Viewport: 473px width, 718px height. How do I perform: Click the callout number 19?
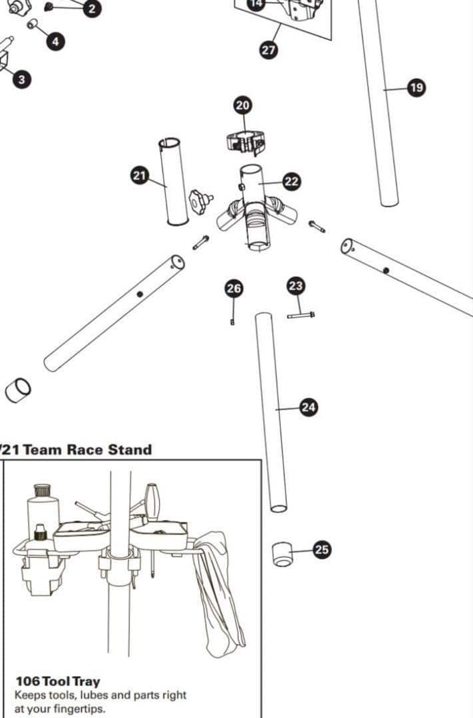coord(416,88)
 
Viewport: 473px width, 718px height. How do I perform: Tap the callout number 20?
coord(243,105)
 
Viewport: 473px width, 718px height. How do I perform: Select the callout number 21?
coord(139,176)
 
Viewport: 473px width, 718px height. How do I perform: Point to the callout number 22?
coord(291,181)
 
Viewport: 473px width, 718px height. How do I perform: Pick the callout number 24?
coord(309,408)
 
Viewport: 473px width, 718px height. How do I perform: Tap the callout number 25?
coord(322,549)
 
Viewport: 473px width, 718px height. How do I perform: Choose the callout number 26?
coord(234,288)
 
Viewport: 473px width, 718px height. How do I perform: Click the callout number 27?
coord(269,51)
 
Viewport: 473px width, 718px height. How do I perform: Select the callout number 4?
coord(55,41)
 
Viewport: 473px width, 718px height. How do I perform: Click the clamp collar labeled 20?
coord(245,142)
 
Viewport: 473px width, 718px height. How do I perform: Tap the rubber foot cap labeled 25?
coord(283,554)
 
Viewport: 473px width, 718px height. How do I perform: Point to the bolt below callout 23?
coord(301,315)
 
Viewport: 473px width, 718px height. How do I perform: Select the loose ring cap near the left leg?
coord(17,390)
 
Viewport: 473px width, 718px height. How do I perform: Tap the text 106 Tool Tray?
coord(58,681)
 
